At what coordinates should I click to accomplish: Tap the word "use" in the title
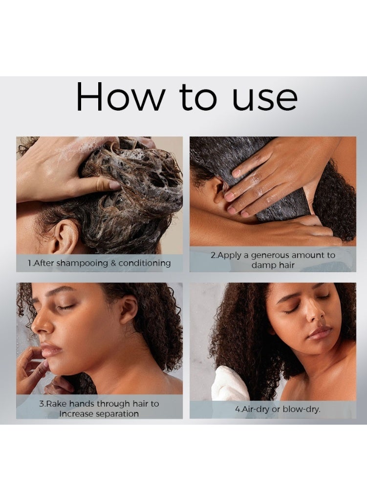click(265, 100)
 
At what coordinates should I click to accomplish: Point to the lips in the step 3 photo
click(50, 349)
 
